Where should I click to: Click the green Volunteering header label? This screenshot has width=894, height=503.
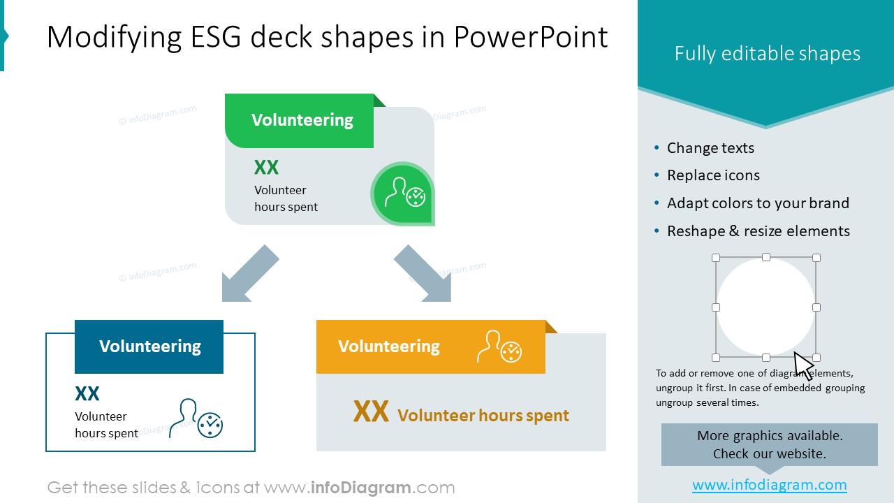(x=302, y=120)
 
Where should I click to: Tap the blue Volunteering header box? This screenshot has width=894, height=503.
(x=149, y=347)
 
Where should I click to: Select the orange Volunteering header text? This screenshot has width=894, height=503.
(x=388, y=347)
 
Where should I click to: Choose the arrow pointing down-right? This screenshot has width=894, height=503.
(x=424, y=275)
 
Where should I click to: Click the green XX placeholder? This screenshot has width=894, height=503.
(x=266, y=168)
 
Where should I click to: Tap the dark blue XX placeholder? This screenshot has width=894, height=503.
(x=87, y=394)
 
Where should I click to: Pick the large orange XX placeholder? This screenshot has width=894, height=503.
(x=371, y=412)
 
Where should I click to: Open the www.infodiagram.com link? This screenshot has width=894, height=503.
(x=769, y=485)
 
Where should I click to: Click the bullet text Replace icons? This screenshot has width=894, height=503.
(x=713, y=175)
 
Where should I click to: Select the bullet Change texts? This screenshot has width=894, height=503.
(x=710, y=148)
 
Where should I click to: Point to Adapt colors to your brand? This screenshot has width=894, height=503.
(x=758, y=203)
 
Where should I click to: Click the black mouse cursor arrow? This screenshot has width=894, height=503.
(x=803, y=365)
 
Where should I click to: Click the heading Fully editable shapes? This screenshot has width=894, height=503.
(x=767, y=54)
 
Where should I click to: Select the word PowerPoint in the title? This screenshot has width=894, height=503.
(x=531, y=37)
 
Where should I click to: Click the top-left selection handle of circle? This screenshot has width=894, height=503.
(x=716, y=258)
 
